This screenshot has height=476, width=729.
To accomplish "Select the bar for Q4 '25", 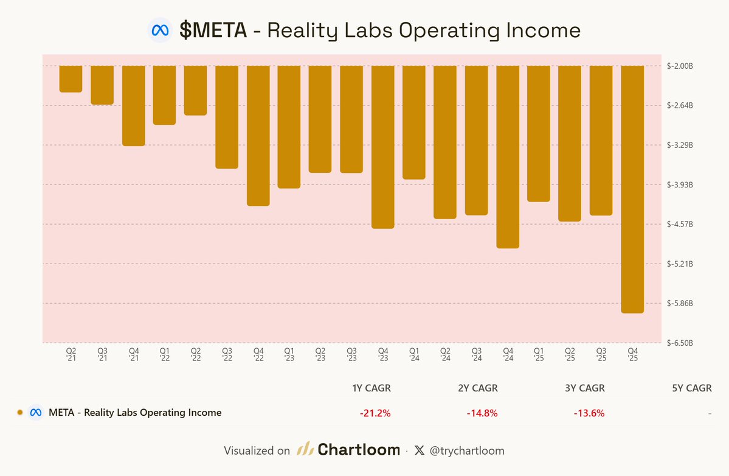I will (632, 189).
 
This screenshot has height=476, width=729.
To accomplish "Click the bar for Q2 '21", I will (71, 79).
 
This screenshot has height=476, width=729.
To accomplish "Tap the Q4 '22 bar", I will (258, 136).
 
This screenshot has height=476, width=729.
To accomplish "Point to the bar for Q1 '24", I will (414, 122).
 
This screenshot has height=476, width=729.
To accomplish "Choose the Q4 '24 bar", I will (508, 157).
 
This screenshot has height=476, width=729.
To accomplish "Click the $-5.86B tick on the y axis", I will (680, 303).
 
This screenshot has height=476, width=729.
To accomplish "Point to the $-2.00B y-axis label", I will (680, 66).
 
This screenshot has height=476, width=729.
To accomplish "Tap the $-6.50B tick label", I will (680, 343).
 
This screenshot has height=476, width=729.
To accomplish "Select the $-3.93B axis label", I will (680, 184).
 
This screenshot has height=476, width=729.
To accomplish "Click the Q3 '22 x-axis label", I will (227, 354).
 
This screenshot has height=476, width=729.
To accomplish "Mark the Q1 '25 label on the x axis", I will (539, 354).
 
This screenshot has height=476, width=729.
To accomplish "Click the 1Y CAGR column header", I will (371, 388).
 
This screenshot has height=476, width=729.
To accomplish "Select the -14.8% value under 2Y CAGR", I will (482, 413).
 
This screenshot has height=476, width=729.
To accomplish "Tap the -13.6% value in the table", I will (589, 413).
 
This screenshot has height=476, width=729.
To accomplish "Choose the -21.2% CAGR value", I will (375, 413).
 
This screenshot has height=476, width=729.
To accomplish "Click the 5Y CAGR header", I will (692, 388).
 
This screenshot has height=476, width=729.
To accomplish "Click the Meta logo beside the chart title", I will (160, 30).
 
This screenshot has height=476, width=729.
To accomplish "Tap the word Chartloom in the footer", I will (359, 450).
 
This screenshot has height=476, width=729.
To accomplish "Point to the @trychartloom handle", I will (467, 451).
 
